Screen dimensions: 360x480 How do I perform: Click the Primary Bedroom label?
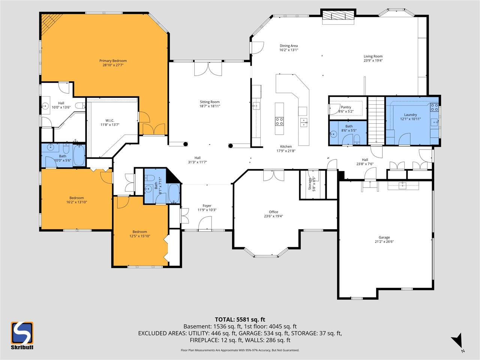[113, 61]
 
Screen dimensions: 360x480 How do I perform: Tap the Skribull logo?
[22, 335]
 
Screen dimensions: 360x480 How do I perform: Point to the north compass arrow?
[457, 342]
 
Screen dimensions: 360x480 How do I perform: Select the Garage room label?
[384, 237]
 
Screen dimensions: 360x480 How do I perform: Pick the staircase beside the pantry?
[376, 120]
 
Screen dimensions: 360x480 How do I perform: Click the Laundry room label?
[410, 115]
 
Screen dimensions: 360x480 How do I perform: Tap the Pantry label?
[346, 107]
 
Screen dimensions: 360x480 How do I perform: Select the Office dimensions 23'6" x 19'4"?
[273, 216]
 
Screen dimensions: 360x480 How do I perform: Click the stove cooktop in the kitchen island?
[279, 121]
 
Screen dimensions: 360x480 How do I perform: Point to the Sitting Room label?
[210, 102]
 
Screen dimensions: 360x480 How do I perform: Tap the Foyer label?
[207, 205]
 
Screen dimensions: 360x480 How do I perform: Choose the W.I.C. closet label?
[109, 120]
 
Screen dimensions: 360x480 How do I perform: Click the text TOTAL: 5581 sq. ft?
[240, 319]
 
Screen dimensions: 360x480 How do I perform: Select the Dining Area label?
[289, 46]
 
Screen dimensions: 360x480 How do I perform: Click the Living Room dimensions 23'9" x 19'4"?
[373, 60]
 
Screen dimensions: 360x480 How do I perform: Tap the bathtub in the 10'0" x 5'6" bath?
[79, 156]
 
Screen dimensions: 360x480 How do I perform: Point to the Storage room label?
[310, 184]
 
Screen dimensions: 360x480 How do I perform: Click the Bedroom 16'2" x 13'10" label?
[76, 198]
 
